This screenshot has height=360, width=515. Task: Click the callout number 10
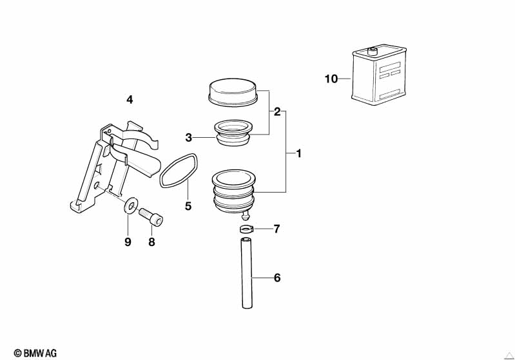click(x=331, y=79)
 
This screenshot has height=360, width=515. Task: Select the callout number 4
click(x=130, y=100)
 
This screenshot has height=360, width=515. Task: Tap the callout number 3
click(x=189, y=137)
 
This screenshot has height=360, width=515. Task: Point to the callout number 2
click(x=277, y=111)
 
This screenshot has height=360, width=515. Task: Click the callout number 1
click(x=298, y=153)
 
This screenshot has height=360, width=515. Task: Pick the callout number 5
click(x=189, y=206)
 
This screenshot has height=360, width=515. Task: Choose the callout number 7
click(x=277, y=229)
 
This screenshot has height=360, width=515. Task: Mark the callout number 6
click(x=277, y=278)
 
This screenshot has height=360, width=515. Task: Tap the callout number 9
click(x=128, y=242)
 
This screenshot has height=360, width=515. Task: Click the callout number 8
click(x=152, y=242)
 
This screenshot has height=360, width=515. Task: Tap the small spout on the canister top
click(x=371, y=50)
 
